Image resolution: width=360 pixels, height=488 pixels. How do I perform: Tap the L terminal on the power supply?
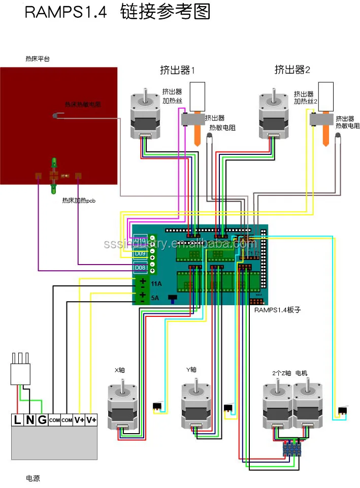[17, 420]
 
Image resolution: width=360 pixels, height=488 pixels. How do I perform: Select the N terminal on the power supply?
[29, 420]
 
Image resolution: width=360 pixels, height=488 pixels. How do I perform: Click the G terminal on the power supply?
[42, 420]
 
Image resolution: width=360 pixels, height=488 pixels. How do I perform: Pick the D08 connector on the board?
[140, 268]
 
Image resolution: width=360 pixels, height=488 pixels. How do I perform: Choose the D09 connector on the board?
[140, 253]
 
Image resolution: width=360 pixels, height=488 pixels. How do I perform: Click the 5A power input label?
[155, 298]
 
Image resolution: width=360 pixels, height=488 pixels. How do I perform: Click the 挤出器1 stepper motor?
[146, 115]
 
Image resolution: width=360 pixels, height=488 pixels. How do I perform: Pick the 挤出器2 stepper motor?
[274, 115]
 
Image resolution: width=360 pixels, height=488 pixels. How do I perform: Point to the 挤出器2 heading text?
[292, 69]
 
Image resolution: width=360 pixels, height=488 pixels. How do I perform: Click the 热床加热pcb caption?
[79, 201]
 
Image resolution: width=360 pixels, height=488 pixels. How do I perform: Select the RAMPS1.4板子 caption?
[278, 309]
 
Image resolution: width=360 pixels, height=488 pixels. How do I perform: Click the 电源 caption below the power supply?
[33, 478]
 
